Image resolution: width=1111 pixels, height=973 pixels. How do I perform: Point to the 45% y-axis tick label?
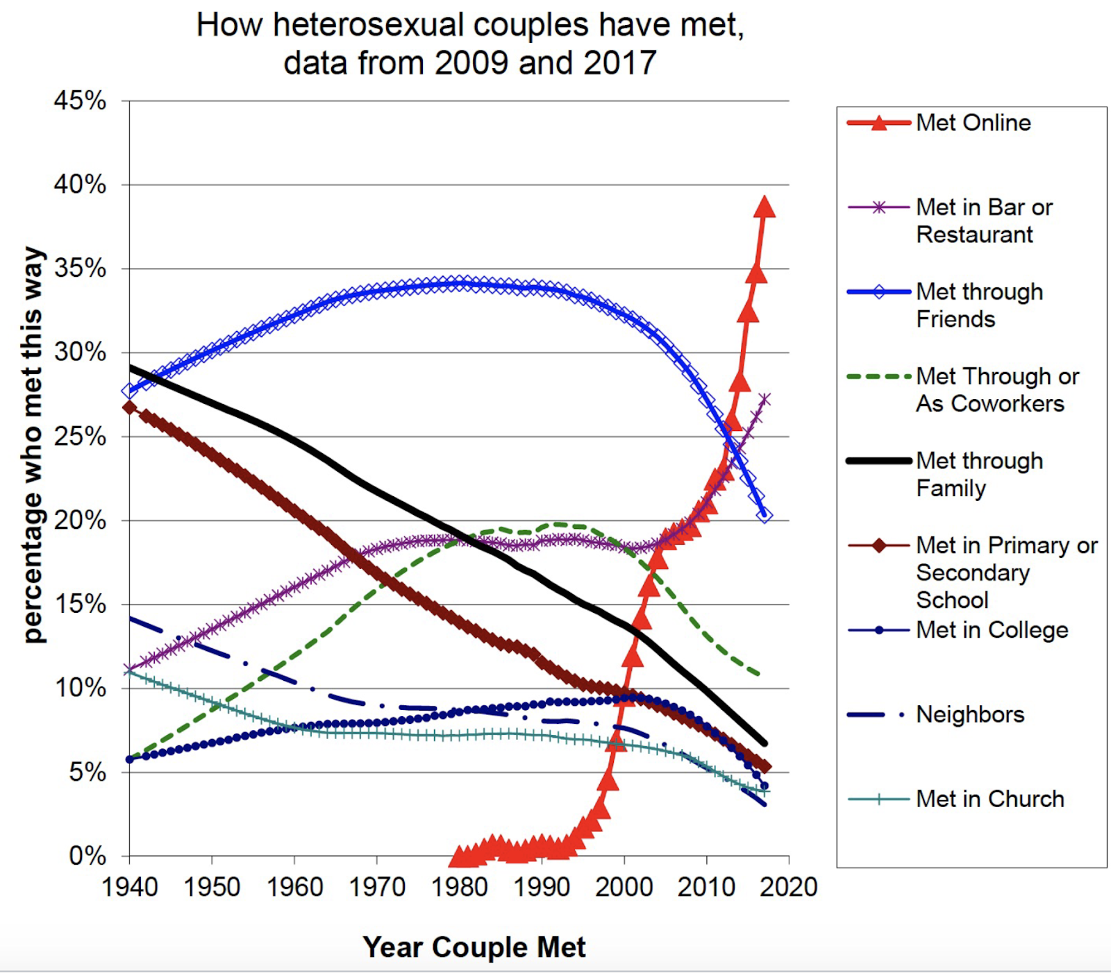pos(80,101)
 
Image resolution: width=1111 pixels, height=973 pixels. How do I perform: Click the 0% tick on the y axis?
pos(87,856)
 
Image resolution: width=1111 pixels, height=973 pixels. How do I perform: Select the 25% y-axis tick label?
pos(80,437)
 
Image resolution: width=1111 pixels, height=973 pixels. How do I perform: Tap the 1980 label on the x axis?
pos(459,887)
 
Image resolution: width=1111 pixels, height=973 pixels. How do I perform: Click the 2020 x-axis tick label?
pos(788,887)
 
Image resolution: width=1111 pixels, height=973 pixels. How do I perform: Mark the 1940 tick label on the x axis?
pos(130,887)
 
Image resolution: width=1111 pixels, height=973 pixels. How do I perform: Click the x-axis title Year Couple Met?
pos(474,947)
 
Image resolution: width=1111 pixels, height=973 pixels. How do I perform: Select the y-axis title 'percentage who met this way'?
pos(33,444)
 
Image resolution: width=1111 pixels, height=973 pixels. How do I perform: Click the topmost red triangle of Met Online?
pos(765,207)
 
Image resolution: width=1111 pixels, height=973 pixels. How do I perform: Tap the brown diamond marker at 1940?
pos(130,407)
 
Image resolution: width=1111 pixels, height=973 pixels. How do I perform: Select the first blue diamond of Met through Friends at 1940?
pos(130,391)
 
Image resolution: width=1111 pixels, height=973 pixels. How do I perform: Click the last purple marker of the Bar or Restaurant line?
pos(765,399)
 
